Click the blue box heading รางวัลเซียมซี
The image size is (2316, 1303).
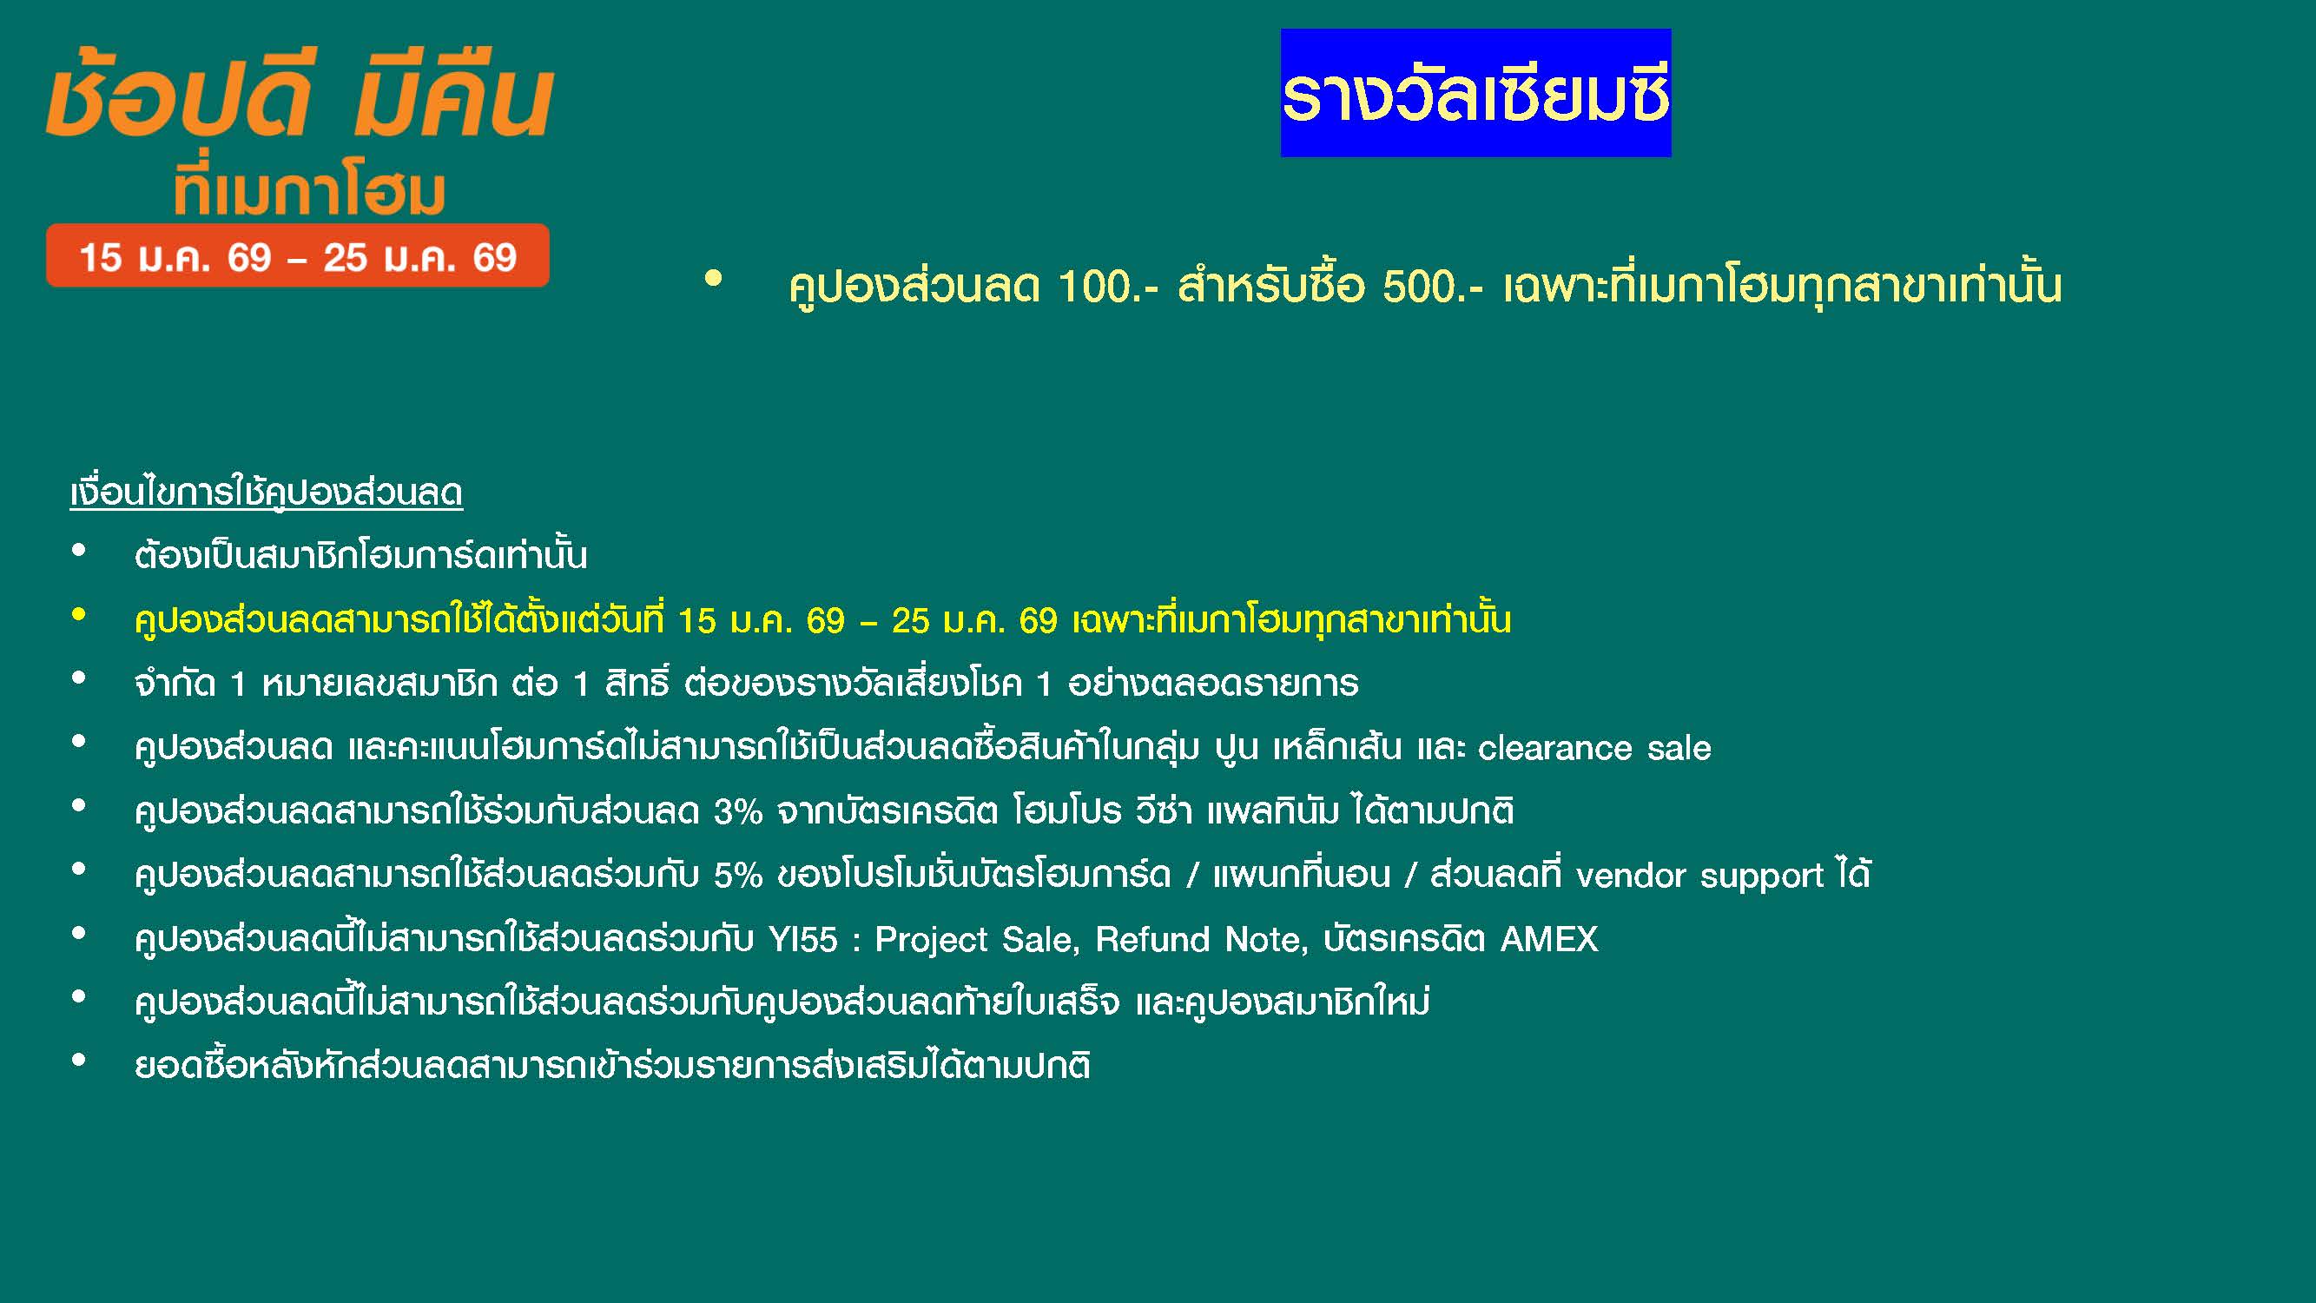point(1475,93)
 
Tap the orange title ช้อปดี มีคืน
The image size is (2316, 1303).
point(300,93)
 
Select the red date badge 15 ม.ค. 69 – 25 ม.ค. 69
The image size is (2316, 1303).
point(298,256)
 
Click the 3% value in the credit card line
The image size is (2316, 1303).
point(738,812)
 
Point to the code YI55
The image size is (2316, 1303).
point(803,940)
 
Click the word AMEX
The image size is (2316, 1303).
point(1549,940)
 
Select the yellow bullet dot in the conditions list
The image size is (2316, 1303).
point(79,615)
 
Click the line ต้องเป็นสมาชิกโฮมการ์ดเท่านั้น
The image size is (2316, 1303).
point(360,555)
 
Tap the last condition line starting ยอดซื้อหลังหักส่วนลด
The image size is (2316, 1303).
point(612,1066)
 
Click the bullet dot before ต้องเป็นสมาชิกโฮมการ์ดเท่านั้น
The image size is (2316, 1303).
point(79,552)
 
